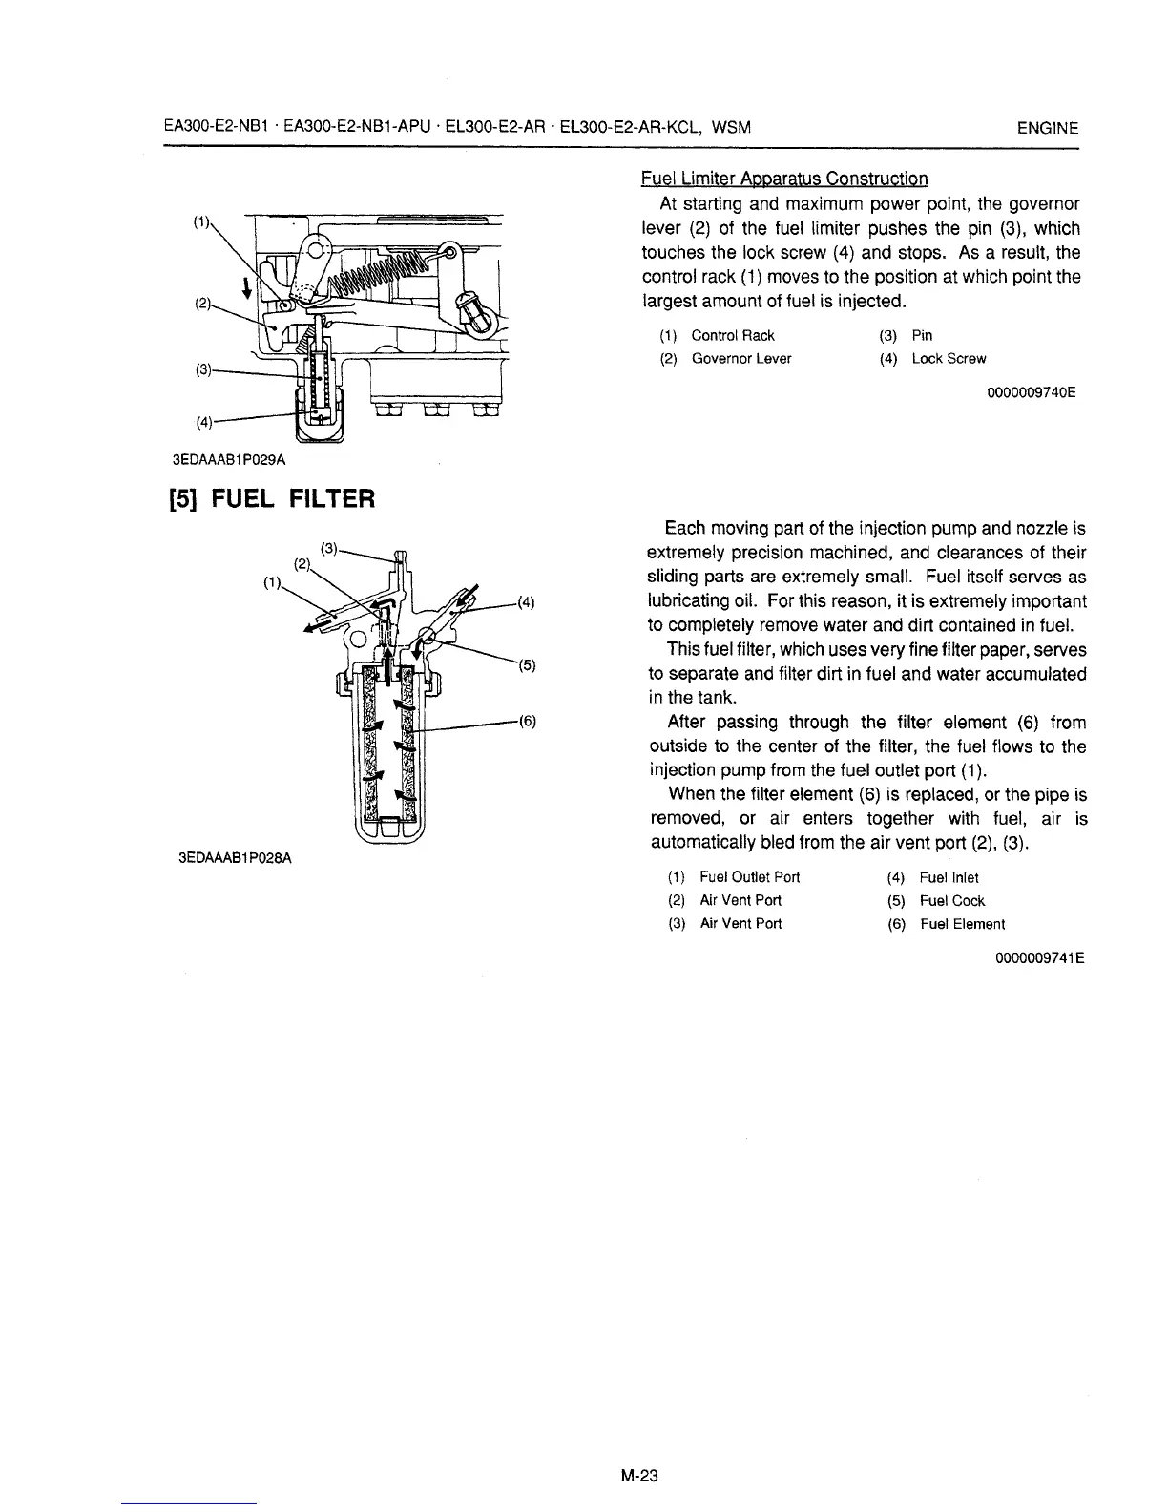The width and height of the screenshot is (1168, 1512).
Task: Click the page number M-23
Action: pos(639,1476)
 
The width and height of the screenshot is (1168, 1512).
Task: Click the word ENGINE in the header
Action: pos(1048,128)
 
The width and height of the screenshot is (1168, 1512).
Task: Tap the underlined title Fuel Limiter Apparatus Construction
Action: pos(783,178)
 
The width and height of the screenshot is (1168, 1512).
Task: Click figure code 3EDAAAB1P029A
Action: pos(228,459)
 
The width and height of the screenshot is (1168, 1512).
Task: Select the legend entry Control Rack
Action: pos(733,335)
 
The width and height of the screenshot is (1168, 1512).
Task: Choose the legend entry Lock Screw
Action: pos(949,359)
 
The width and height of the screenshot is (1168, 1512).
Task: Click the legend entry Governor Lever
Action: pos(740,359)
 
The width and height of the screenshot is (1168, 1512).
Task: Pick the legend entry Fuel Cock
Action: pos(952,900)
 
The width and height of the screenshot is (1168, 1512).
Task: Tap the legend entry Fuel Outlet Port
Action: pos(749,877)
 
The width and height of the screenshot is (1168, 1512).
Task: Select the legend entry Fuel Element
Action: pos(962,924)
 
